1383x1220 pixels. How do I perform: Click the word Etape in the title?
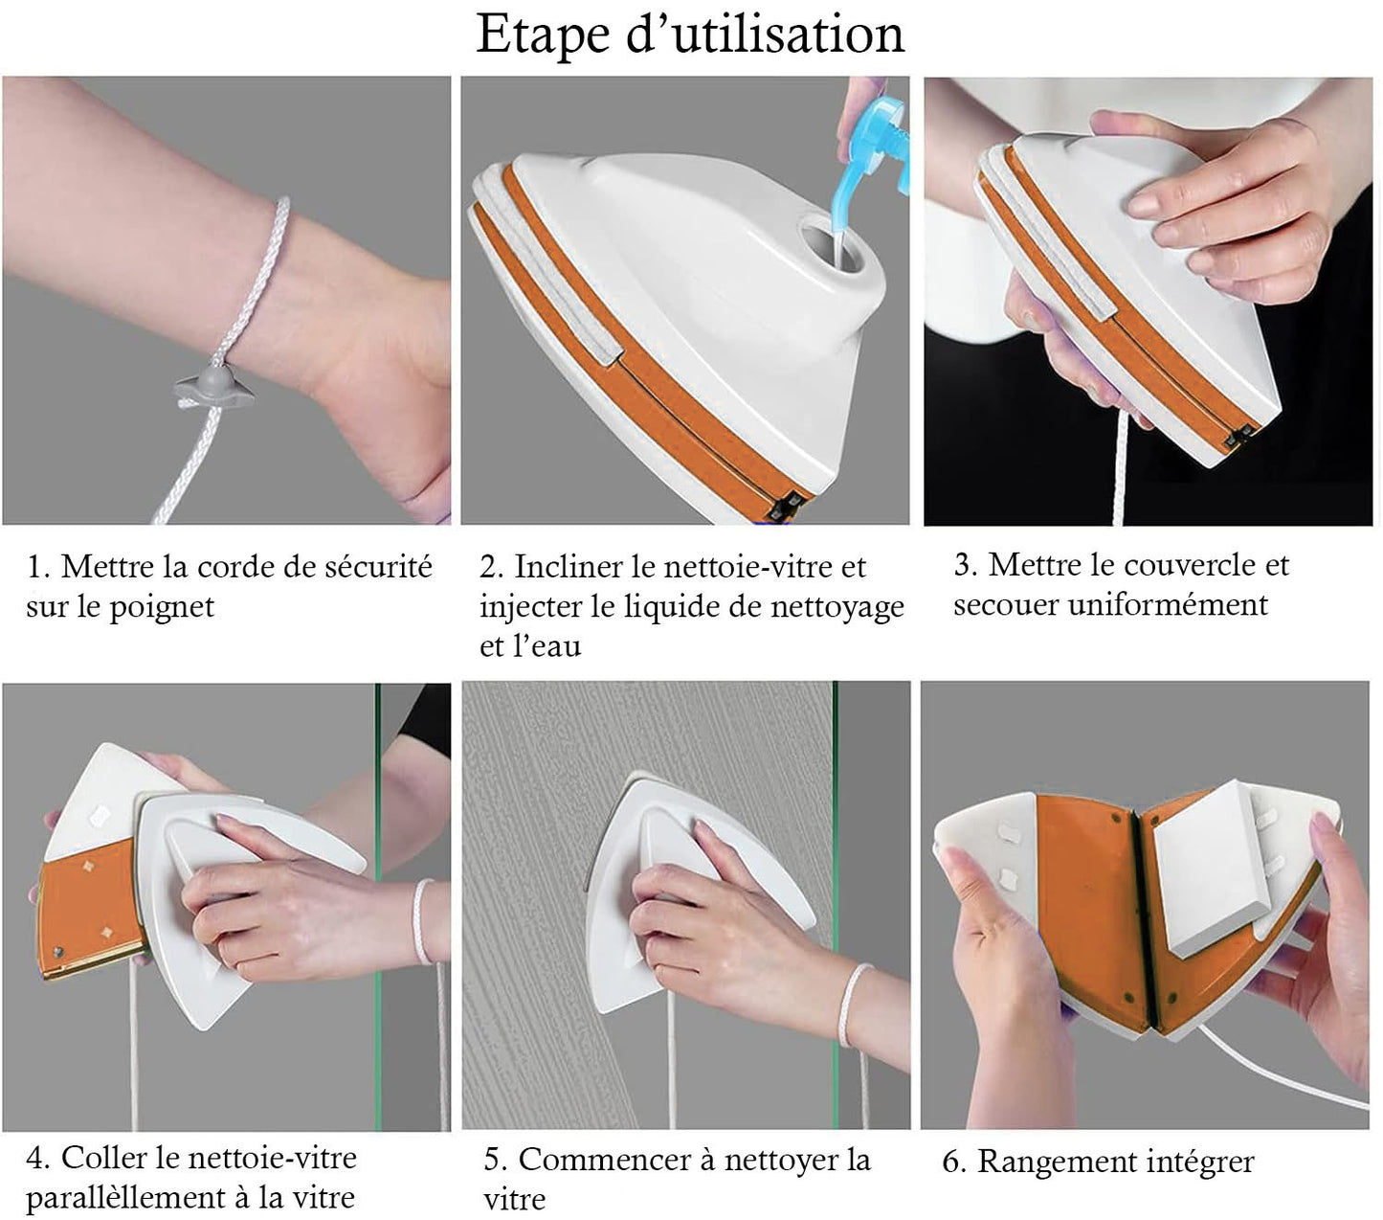point(544,34)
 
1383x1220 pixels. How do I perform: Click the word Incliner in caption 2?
point(569,566)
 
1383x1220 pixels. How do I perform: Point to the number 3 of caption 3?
point(963,565)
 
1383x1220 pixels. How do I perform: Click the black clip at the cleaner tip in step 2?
point(785,506)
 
